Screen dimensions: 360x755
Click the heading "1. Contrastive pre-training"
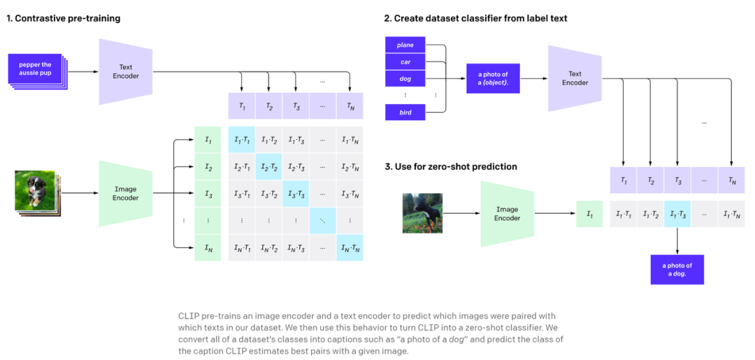(x=64, y=18)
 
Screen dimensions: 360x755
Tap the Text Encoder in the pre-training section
(x=127, y=71)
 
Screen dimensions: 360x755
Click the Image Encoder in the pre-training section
(x=126, y=194)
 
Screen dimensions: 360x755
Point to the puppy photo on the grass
(x=34, y=190)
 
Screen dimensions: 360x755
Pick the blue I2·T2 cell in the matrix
(x=268, y=167)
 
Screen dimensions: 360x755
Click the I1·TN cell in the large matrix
(x=350, y=141)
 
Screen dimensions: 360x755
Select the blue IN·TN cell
(x=350, y=247)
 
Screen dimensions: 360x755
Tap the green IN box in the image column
(x=208, y=247)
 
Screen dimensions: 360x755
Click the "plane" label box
(x=405, y=45)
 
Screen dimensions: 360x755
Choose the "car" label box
(x=405, y=62)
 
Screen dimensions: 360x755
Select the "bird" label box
(x=405, y=112)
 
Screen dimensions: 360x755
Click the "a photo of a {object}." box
(x=493, y=78)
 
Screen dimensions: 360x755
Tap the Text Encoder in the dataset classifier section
(x=575, y=78)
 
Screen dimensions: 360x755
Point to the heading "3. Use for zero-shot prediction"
(x=451, y=166)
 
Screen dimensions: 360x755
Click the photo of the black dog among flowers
(x=422, y=213)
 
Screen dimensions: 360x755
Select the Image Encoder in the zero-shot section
(x=507, y=213)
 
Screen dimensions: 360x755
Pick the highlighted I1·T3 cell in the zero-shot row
(x=677, y=214)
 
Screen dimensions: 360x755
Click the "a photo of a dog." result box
(x=677, y=269)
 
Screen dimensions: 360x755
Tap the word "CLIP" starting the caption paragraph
(x=188, y=316)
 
